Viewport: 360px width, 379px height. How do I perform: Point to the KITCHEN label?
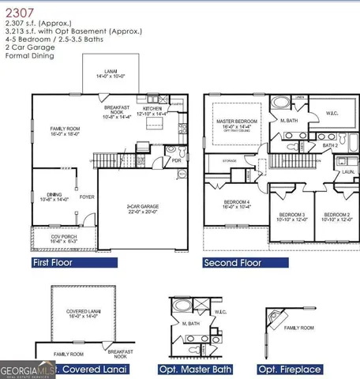(152, 109)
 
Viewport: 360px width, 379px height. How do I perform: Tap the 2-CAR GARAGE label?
(142, 207)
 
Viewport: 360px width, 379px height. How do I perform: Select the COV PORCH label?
(49, 238)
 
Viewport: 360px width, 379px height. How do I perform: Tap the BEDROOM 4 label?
(237, 202)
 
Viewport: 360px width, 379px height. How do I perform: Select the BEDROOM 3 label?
(292, 215)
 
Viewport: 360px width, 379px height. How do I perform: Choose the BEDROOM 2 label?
(337, 215)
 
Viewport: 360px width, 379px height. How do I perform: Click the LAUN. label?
(347, 171)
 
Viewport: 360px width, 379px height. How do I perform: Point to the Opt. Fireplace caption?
(290, 370)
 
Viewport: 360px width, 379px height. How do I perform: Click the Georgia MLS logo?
(27, 369)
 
